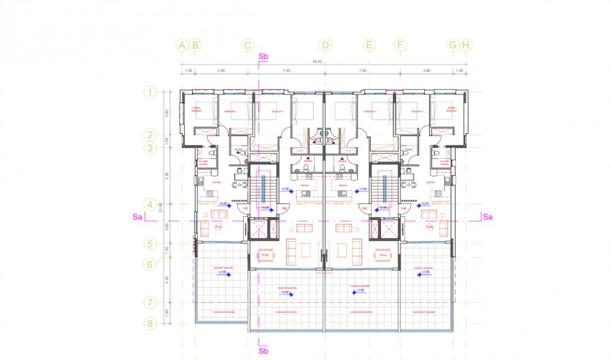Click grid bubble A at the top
pyautogui.click(x=181, y=46)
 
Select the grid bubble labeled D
pyautogui.click(x=326, y=46)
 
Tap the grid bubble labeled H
pyautogui.click(x=466, y=46)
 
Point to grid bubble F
pyautogui.click(x=401, y=46)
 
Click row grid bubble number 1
pyautogui.click(x=151, y=92)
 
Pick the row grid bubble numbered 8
pyautogui.click(x=151, y=323)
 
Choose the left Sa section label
pyautogui.click(x=137, y=217)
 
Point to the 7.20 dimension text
pyautogui.click(x=286, y=70)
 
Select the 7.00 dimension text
pyautogui.click(x=363, y=70)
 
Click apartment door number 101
pyautogui.click(x=245, y=209)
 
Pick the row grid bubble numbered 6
pyautogui.click(x=151, y=264)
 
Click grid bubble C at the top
pyautogui.click(x=248, y=46)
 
